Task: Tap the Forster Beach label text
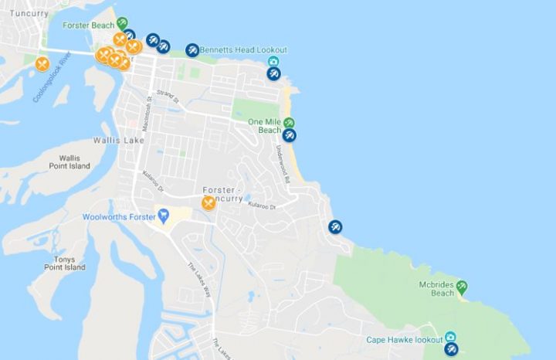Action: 91,25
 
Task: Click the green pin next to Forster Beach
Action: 122,23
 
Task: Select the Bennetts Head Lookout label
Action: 242,50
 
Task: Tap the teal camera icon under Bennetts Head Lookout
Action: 273,62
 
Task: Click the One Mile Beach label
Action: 264,126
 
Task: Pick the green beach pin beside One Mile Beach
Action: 289,123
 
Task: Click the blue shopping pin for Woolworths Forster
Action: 163,215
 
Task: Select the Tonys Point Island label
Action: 64,263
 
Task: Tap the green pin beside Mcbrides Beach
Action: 462,287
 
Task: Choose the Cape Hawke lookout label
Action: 404,340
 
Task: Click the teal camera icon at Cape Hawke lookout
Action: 450,338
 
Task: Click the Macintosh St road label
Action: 148,103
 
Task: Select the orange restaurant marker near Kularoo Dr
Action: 208,203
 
